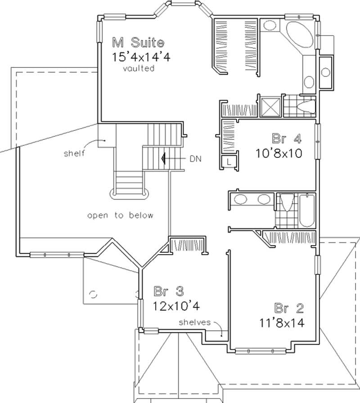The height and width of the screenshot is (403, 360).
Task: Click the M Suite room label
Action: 138,43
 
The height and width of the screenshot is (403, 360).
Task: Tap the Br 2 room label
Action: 289,308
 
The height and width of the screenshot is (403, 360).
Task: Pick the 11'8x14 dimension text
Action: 282,322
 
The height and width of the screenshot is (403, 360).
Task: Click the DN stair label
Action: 196,158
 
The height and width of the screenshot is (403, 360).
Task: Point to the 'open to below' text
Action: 120,215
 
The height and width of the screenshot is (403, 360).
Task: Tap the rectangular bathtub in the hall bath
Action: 308,210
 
